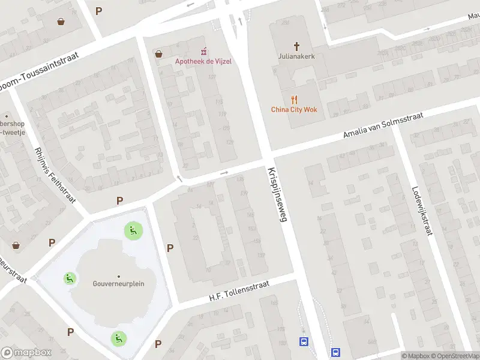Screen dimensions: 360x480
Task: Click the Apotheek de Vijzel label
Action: (x=203, y=61)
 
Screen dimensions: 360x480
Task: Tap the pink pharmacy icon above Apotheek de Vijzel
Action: (x=203, y=50)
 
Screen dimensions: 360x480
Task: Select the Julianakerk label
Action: (x=296, y=57)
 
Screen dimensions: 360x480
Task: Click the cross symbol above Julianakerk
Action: (x=296, y=46)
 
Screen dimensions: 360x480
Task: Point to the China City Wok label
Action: (x=293, y=109)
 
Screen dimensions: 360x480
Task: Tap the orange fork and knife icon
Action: (x=293, y=99)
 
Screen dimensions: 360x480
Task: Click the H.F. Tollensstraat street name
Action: (x=239, y=290)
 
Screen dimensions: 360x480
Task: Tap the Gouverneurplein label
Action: (x=118, y=284)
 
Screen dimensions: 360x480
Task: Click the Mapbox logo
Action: (x=26, y=353)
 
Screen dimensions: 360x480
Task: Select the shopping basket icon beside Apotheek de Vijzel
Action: (x=158, y=53)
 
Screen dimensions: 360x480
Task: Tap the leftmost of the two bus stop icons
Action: (x=304, y=342)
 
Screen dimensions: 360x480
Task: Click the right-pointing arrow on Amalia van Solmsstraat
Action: (x=224, y=173)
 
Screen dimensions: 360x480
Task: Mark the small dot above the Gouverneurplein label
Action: (x=118, y=276)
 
